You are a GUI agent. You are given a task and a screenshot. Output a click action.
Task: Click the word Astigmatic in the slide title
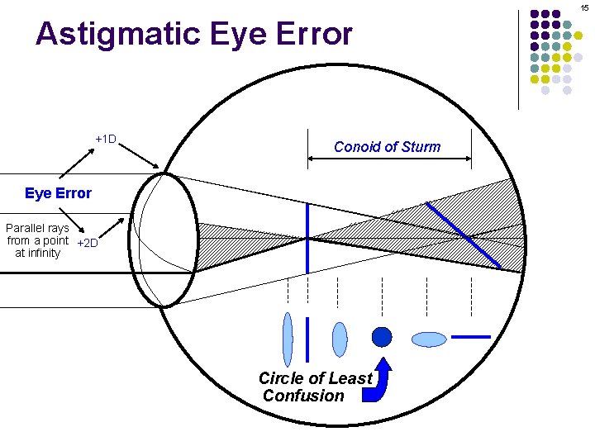[111, 35]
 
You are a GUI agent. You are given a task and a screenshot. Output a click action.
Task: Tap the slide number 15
[584, 7]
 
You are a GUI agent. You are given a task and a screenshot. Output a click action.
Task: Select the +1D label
[106, 139]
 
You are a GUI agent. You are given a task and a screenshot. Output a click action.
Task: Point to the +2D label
[87, 243]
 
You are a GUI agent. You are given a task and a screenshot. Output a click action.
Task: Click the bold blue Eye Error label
[58, 193]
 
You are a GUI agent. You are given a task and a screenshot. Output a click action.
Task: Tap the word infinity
[38, 253]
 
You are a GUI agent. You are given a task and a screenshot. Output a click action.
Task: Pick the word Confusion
[303, 396]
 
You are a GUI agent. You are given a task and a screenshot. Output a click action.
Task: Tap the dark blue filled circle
[381, 337]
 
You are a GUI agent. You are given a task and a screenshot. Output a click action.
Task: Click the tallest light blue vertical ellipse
[288, 339]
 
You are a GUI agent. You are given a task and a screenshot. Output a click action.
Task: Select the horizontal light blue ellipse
[429, 339]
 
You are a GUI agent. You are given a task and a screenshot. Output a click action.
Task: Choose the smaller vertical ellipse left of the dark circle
[340, 339]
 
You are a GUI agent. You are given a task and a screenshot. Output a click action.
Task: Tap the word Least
[351, 378]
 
